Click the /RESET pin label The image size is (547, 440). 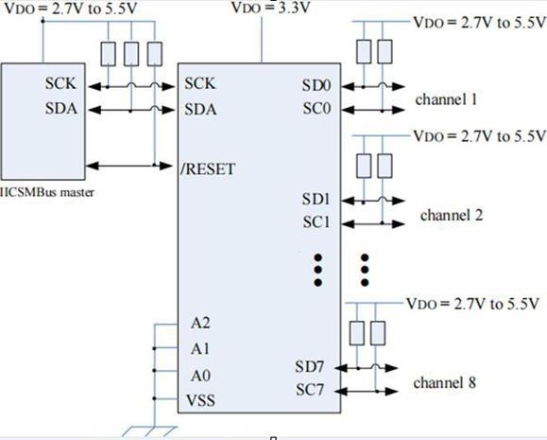tap(208, 169)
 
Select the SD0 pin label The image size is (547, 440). tap(316, 85)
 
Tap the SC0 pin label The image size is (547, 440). tap(316, 108)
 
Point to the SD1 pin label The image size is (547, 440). tap(316, 200)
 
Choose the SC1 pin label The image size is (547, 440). tap(316, 222)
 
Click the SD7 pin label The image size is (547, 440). tap(310, 366)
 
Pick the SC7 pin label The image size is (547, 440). tap(310, 390)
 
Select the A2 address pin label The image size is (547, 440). tap(200, 323)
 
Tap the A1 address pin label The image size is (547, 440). tap(200, 349)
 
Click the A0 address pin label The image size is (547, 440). tap(200, 376)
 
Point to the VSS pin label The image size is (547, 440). tap(200, 400)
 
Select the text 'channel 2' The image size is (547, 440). tap(452, 215)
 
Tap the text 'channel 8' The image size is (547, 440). tap(445, 382)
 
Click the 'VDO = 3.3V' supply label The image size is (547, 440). tap(271, 8)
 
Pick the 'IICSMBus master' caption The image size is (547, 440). tap(47, 193)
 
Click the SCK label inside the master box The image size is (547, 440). tap(60, 83)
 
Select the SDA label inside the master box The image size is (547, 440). tap(61, 108)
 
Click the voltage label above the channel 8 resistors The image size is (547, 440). tap(473, 304)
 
